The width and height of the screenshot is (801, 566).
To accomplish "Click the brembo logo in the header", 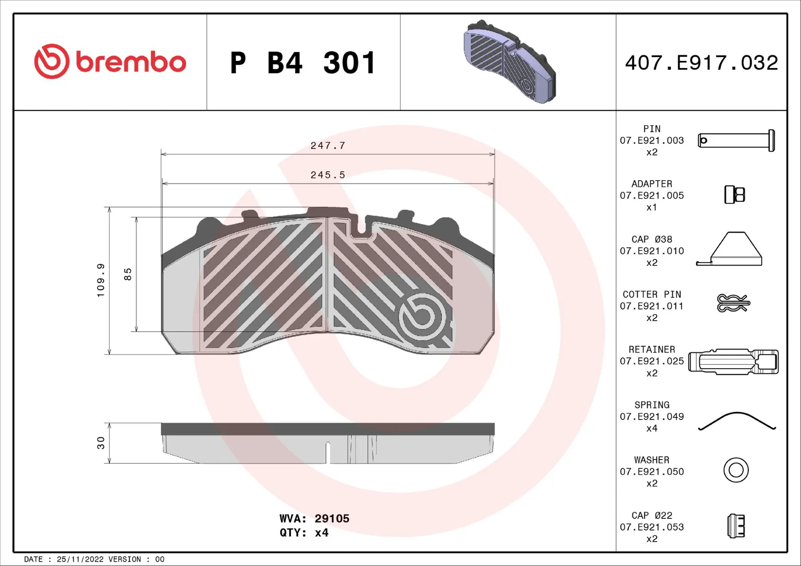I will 110,62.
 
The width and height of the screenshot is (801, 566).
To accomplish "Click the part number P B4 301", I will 303,63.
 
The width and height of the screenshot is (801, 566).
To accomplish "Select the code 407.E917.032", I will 701,63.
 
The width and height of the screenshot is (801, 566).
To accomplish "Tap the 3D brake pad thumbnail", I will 509,61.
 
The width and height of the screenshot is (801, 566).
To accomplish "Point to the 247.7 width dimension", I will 327,146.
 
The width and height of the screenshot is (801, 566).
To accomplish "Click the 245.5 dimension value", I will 327,175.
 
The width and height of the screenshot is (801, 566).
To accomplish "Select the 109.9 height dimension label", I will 101,280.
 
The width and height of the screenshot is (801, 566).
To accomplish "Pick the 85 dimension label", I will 128,274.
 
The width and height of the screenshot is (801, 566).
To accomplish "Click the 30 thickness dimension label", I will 101,443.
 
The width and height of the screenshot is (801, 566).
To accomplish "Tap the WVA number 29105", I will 332,518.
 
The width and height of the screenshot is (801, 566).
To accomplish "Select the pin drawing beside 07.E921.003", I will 736,141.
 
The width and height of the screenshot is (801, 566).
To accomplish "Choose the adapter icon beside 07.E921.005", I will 735,195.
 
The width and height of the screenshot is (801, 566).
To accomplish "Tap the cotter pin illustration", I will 733,303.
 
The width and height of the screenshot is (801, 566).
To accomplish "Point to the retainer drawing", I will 733,362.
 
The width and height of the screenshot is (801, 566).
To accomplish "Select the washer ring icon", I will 736,470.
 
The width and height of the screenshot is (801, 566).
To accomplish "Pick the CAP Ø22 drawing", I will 736,526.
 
